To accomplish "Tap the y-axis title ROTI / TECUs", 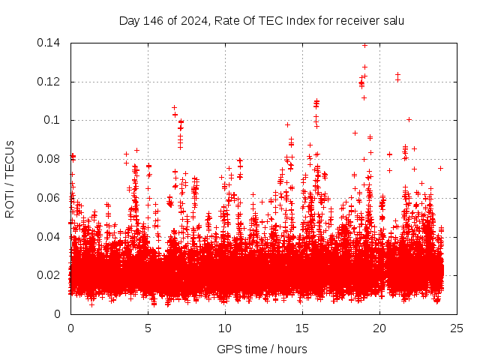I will pos(10,178).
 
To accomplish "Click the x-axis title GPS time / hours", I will pos(262,349).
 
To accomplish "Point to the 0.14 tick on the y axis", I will pos(51,43).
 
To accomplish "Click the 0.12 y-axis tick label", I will pos(51,82).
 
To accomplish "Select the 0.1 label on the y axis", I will pos(54,120).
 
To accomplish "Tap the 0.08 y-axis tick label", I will pos(51,159).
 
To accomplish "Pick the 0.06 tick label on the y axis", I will pos(51,198).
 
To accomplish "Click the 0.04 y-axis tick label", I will pos(51,236).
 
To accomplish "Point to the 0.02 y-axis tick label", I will pos(51,275).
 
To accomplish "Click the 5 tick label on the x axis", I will pos(148,328).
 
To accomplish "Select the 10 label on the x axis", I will pos(225,328).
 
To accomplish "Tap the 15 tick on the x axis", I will pos(302,328).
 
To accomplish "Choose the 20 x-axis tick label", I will pos(379,328).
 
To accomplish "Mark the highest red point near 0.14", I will pos(364,45).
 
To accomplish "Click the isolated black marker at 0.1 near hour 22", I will pos(409,119).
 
